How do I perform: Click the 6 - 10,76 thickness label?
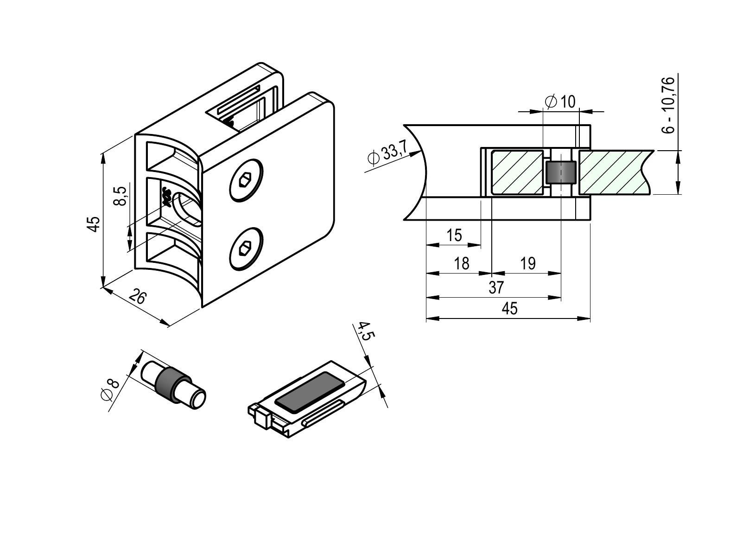pos(668,105)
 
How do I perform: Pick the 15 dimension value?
pos(454,235)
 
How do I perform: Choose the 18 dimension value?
pos(462,263)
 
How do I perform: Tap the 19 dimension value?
pos(528,263)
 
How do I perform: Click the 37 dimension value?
pos(496,287)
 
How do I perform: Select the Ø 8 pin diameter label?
pos(110,389)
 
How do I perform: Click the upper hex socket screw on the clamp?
pos(246,180)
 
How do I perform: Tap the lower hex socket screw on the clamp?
pos(246,249)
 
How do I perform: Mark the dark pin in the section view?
pos(561,172)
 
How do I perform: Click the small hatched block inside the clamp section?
pos(517,172)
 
